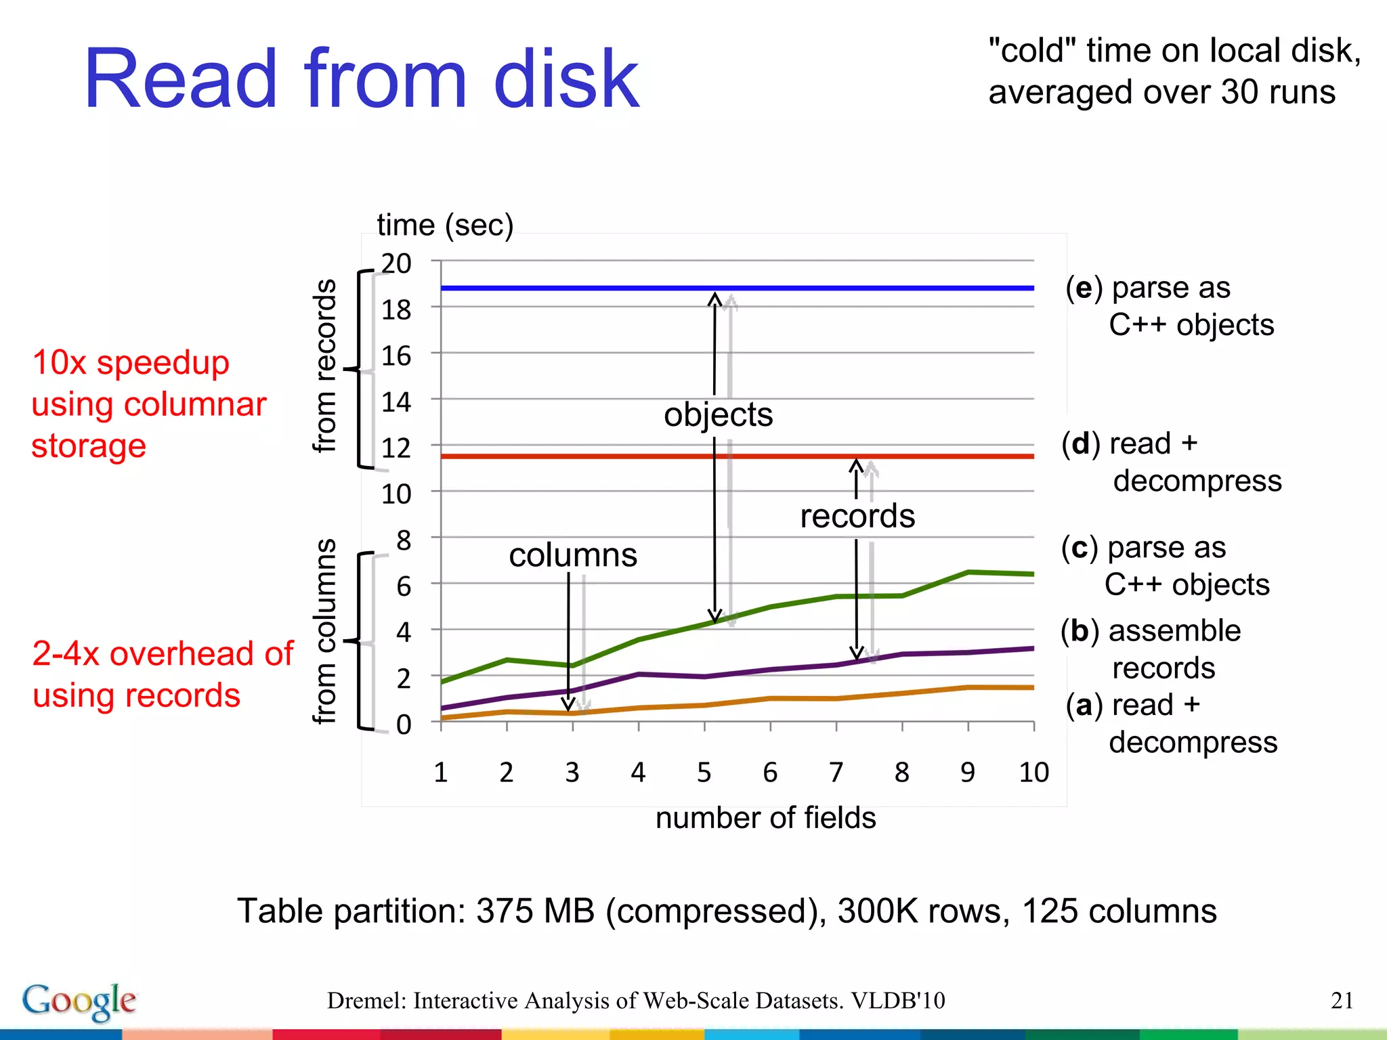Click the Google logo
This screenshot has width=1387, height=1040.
pos(79,1001)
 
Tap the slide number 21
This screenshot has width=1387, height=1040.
pos(1342,1000)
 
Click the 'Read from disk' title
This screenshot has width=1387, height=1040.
pos(361,79)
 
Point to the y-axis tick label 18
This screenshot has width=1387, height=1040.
pos(396,310)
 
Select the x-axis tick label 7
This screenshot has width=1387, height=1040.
pos(836,773)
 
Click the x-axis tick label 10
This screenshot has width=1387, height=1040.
pos(1033,773)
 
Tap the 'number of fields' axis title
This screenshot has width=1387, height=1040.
pos(765,818)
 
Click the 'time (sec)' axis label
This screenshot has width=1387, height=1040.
pos(445,225)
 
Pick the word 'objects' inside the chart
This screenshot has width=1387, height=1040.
pos(718,414)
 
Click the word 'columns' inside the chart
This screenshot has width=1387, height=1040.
pos(573,555)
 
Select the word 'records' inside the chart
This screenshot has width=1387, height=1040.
pos(857,516)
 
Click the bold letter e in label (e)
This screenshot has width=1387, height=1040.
pos(1084,288)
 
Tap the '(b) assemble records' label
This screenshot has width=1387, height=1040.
pos(1151,649)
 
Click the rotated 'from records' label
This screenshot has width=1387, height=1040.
pos(325,366)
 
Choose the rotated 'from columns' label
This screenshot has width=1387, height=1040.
pos(325,631)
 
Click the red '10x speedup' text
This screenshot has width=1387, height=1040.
pos(131,362)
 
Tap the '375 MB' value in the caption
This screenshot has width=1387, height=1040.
pos(535,911)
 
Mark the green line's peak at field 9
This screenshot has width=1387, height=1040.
pos(968,572)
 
